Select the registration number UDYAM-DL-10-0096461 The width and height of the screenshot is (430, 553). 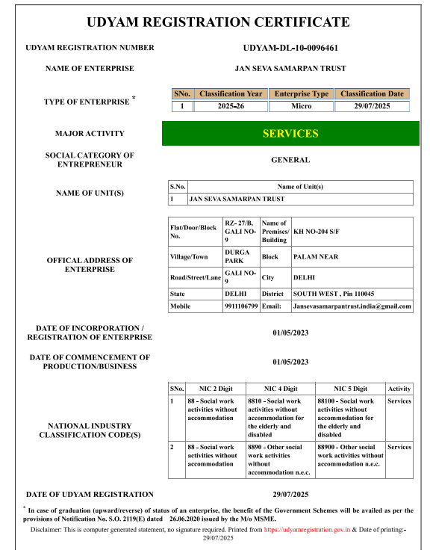point(290,48)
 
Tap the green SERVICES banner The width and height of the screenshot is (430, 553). point(290,134)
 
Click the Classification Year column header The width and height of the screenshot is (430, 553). point(231,94)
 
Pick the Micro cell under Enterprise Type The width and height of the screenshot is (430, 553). point(301,106)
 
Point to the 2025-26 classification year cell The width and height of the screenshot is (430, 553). point(231,106)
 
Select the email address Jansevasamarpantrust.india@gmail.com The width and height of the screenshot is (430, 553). point(351,306)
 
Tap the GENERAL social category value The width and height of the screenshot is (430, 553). point(290,160)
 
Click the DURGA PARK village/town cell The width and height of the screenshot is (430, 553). point(240,256)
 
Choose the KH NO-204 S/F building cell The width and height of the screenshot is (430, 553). point(351,232)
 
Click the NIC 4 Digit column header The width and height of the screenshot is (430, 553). point(280,389)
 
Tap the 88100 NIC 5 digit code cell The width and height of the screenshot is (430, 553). point(349,418)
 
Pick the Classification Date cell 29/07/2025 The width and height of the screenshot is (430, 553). point(372,106)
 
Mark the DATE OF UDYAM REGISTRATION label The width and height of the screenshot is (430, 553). point(90,495)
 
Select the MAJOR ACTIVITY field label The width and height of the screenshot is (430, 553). point(90,134)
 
